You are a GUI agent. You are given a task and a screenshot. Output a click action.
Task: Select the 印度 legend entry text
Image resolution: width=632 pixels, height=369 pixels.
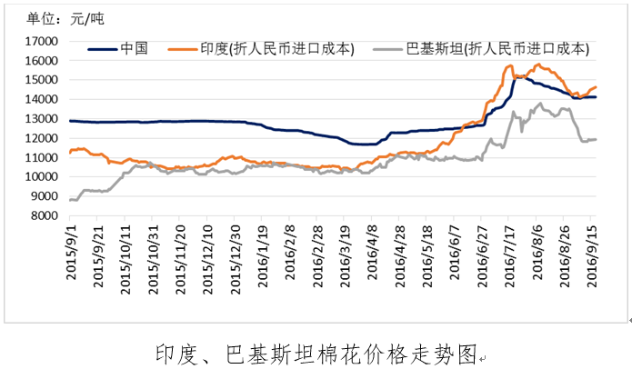[276, 48]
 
